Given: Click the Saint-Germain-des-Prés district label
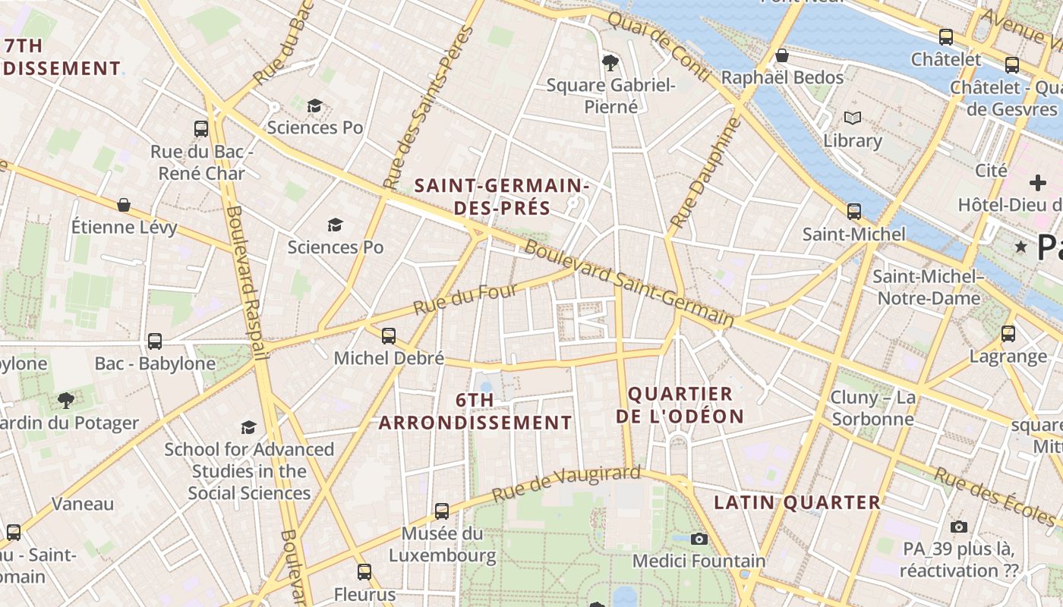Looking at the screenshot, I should point(501,196).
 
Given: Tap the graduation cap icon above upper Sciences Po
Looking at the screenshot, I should point(314,105).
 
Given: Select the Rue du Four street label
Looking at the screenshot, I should point(465,299).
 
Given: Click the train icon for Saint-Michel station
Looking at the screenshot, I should point(854,212).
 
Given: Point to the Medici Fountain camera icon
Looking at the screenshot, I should point(699,539).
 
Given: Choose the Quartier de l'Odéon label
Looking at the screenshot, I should point(680,405).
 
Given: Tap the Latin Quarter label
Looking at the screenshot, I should point(797,502).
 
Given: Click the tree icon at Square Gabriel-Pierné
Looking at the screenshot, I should point(609,61).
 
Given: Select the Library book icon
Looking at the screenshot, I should point(853,118).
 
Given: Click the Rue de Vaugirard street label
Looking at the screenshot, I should point(566,483).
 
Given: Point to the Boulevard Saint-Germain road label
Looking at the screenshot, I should point(629,284).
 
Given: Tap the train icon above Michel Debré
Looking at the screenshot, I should point(389,335).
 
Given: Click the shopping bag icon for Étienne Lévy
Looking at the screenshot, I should point(124,205).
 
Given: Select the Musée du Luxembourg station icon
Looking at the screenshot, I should point(442,511).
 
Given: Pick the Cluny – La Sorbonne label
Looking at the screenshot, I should point(873,408).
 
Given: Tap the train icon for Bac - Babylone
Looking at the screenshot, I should point(155,341).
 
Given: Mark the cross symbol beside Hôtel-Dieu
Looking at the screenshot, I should point(1037,183).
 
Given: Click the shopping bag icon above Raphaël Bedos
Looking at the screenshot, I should point(781,55).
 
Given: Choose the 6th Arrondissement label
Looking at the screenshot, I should point(475,412).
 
